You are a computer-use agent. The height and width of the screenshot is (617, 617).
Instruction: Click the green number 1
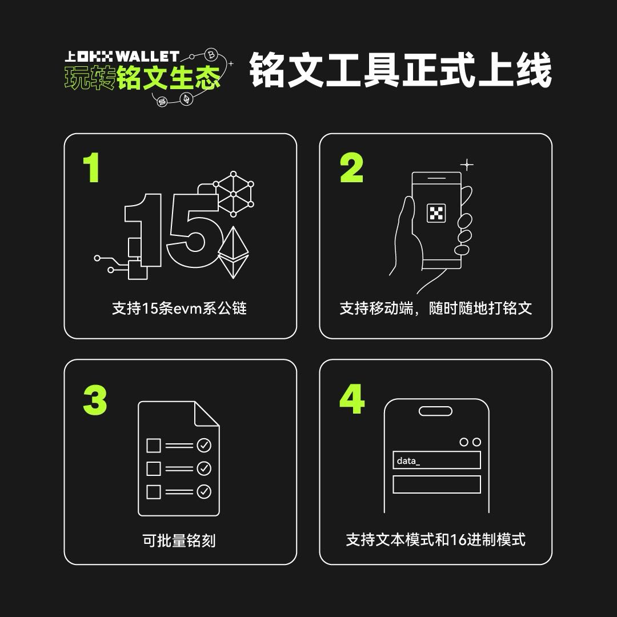[91, 167]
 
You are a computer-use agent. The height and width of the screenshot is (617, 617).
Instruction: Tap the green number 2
[351, 168]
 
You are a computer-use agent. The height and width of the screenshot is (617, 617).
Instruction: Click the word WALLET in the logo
[148, 57]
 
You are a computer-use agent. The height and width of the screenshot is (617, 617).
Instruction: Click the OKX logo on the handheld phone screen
[436, 214]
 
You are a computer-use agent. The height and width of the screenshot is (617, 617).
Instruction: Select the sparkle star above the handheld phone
[467, 165]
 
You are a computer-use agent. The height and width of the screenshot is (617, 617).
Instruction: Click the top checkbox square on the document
[154, 445]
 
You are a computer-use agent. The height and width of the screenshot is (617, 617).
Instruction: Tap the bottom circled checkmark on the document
[204, 491]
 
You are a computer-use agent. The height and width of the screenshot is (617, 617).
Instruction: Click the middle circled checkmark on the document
[204, 468]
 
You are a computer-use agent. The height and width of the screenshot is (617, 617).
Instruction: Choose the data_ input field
[436, 460]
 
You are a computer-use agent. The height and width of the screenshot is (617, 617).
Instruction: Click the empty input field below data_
[436, 484]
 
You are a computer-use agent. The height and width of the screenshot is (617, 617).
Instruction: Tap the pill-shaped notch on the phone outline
[435, 411]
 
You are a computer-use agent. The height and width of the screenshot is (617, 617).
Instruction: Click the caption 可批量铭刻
[179, 540]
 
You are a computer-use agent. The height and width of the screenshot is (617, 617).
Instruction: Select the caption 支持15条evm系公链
[179, 308]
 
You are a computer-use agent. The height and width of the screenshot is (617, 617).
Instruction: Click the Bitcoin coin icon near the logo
[211, 55]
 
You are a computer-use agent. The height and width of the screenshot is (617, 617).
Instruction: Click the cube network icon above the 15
[233, 193]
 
